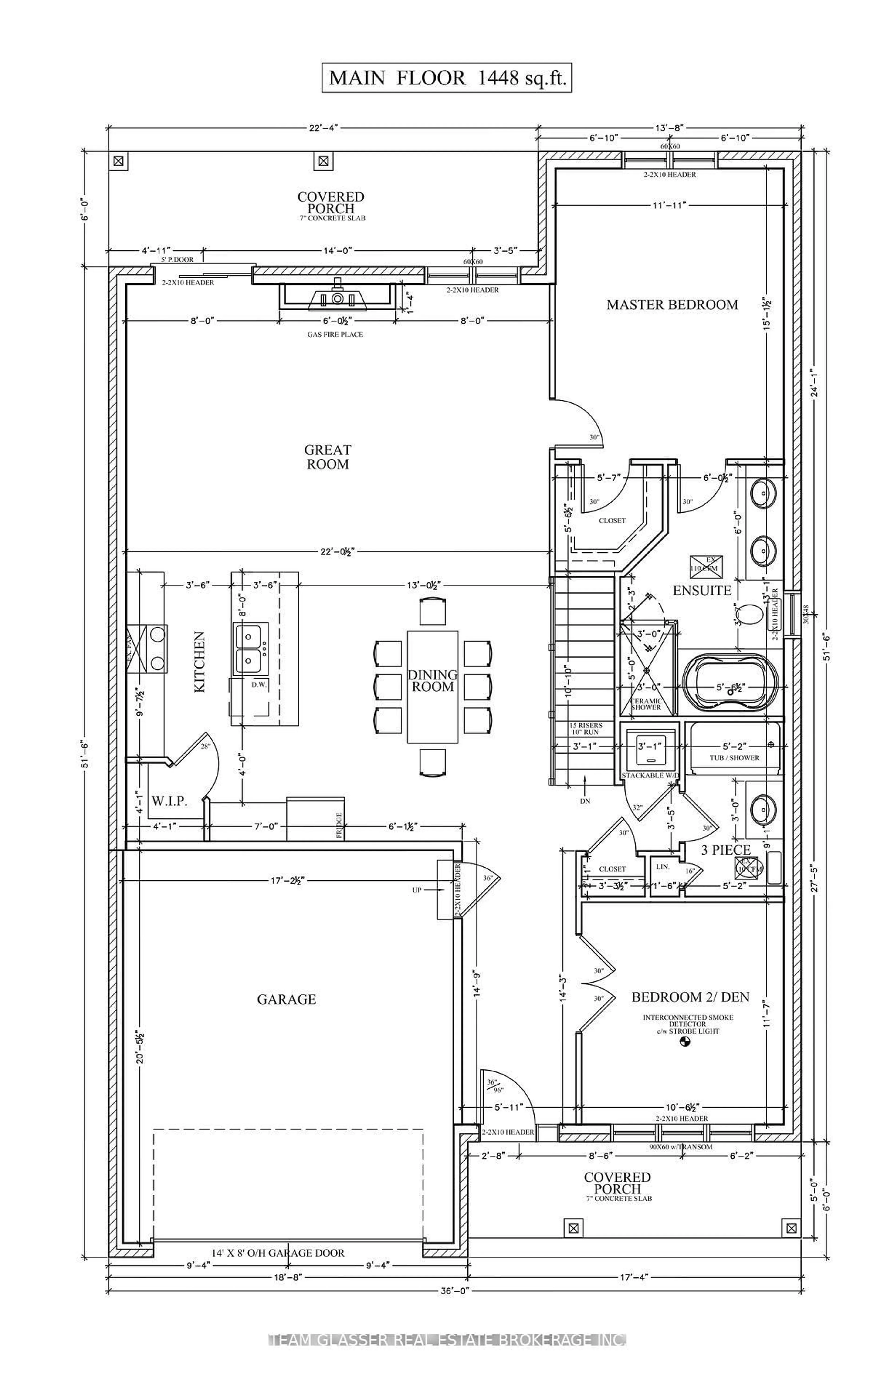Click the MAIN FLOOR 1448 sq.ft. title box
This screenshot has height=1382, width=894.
(x=447, y=78)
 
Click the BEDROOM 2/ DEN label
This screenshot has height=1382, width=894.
(x=690, y=997)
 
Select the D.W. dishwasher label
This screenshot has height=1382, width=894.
(x=258, y=685)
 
